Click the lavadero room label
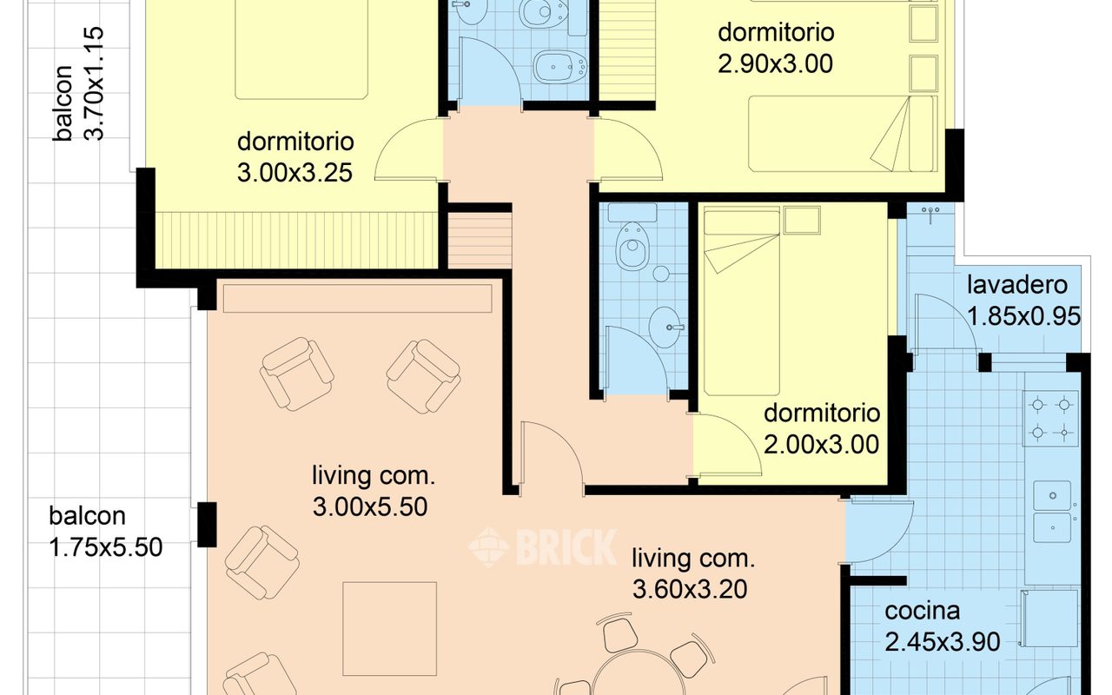(1017, 285)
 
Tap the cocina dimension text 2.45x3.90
(943, 642)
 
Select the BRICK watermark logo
(543, 547)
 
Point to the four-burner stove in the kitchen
(1050, 419)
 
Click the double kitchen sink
(1052, 513)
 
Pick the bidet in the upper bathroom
(560, 67)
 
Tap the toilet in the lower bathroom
(632, 246)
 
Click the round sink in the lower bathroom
(665, 328)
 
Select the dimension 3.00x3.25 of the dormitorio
(295, 173)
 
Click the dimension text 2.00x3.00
(821, 444)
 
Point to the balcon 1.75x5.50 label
(105, 532)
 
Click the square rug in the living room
(390, 629)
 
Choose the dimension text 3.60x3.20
(690, 589)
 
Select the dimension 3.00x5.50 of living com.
(370, 506)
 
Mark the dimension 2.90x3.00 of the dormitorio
(776, 64)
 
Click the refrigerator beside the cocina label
(1049, 618)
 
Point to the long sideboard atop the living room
(357, 298)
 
